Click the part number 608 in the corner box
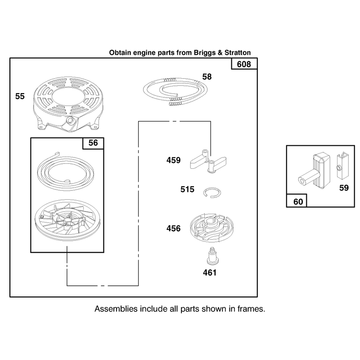[244, 64]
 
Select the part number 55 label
[20, 96]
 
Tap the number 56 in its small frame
[93, 143]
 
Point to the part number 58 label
[207, 76]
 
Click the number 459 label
[174, 160]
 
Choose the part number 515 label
[187, 189]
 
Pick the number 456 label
[174, 229]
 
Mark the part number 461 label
[210, 273]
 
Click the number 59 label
[344, 188]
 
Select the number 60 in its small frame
[298, 202]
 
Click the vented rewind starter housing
[68, 104]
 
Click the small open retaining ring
[212, 193]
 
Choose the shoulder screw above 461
[212, 256]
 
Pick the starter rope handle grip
[314, 171]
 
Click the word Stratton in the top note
[238, 53]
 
